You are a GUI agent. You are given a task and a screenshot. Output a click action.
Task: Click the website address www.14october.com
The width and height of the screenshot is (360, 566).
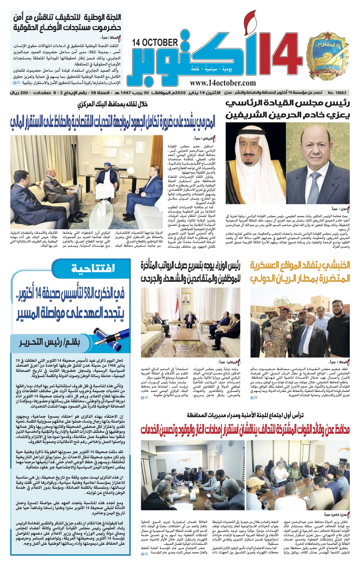[x=223, y=82]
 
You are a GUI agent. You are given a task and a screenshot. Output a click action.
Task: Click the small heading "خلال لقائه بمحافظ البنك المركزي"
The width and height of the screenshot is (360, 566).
[x=113, y=105]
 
